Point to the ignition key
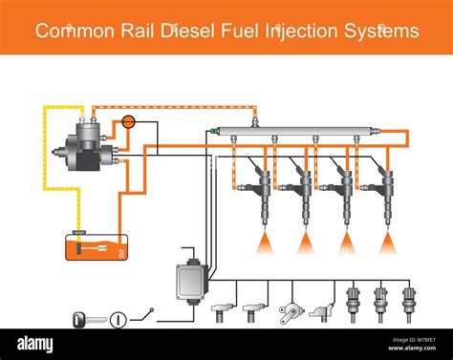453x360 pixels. pyautogui.click(x=84, y=318)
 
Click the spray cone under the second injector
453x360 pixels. pyautogui.click(x=306, y=244)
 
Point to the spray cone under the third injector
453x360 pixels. pyautogui.click(x=346, y=244)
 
